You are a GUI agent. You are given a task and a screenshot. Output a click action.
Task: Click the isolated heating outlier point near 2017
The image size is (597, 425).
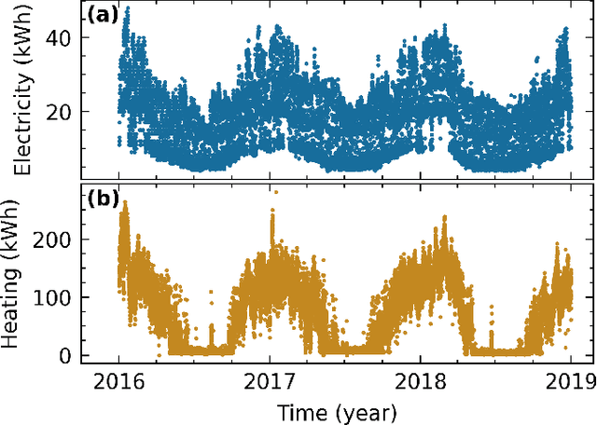[x=274, y=192]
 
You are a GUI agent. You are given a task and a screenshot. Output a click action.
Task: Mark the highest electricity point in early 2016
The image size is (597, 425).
[x=127, y=8]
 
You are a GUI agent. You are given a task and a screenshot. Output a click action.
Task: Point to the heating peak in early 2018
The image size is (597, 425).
[x=445, y=217]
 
